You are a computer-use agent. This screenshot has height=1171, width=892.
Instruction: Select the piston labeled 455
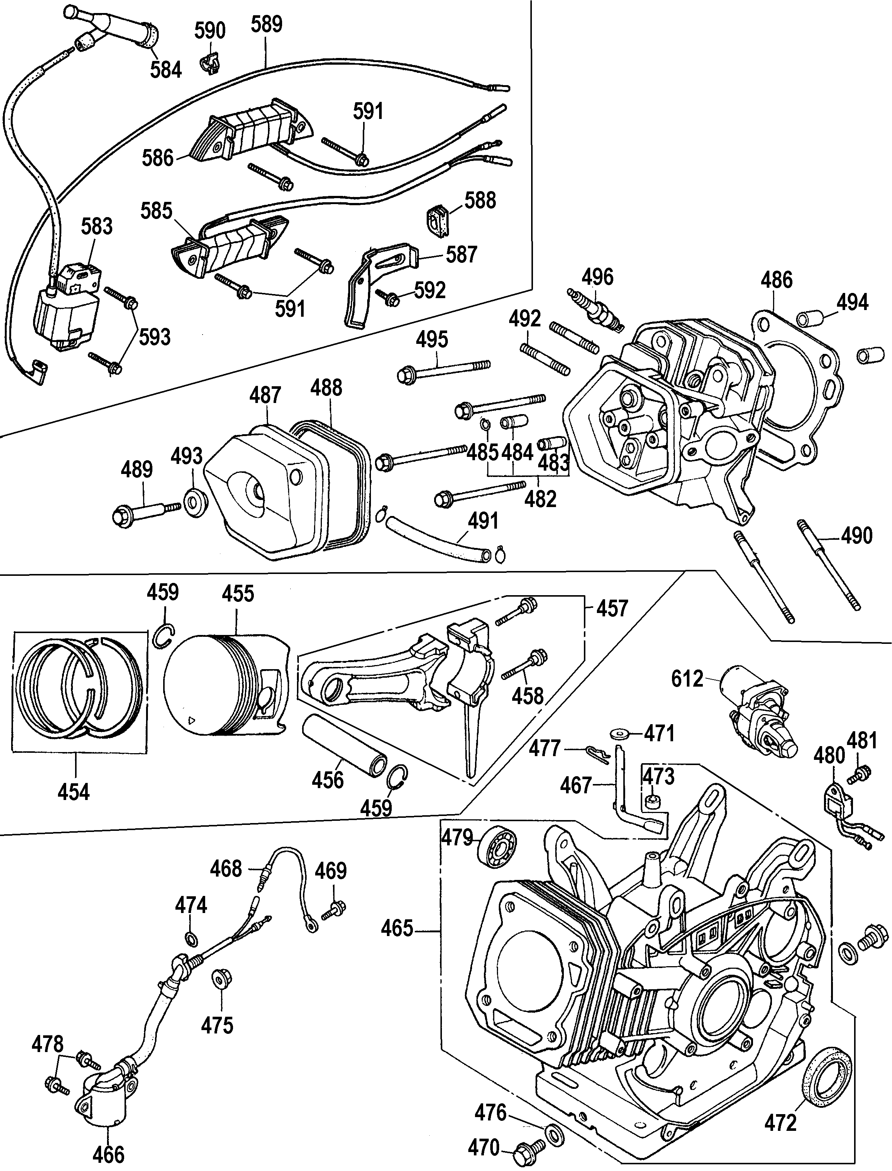pyautogui.click(x=226, y=685)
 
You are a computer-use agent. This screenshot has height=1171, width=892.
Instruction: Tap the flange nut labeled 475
pyautogui.click(x=218, y=979)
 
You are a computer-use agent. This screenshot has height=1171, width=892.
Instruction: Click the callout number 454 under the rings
pyautogui.click(x=74, y=791)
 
